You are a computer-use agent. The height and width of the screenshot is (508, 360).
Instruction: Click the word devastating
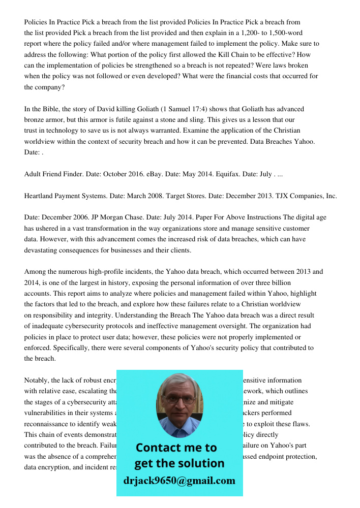(x=43, y=250)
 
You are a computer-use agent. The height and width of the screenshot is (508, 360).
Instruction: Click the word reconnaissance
(x=48, y=424)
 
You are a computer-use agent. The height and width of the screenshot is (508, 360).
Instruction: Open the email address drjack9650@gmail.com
(x=179, y=481)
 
